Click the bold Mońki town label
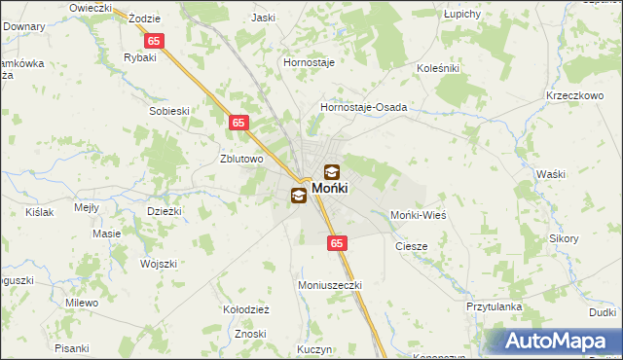point(330,188)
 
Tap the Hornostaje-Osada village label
point(363,107)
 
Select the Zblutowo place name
point(242,160)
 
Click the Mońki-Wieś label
point(418,214)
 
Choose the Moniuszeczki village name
point(329,285)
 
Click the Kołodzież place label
point(246,309)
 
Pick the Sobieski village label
point(168,111)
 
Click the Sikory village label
point(564,238)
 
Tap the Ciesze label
point(411,246)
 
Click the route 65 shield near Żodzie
point(155,42)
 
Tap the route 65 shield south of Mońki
point(336,243)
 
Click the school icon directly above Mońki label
point(332,171)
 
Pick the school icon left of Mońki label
point(298,196)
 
